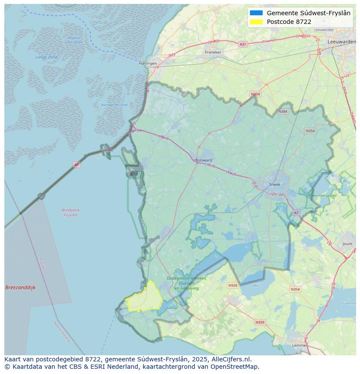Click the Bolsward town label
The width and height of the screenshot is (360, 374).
[203, 160]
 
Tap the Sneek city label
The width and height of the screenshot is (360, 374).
[275, 184]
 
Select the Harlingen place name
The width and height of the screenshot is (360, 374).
[148, 63]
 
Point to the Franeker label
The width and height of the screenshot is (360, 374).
[213, 52]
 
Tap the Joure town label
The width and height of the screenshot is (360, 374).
[347, 244]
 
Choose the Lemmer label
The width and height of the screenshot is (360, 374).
[300, 345]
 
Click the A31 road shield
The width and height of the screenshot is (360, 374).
[243, 44]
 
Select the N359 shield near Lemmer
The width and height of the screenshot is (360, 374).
[260, 322]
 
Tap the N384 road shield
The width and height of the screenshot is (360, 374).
[283, 111]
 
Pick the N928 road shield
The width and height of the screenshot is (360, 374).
[233, 285]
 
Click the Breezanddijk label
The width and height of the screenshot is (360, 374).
[20, 288]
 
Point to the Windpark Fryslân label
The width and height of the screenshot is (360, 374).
[70, 212]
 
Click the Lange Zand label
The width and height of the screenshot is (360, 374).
[47, 57]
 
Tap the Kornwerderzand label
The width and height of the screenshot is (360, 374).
[114, 105]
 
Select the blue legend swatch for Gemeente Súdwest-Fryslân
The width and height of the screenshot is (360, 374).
[257, 13]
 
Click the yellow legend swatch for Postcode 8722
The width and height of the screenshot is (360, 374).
[257, 22]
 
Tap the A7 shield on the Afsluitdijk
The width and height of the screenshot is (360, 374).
[77, 165]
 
